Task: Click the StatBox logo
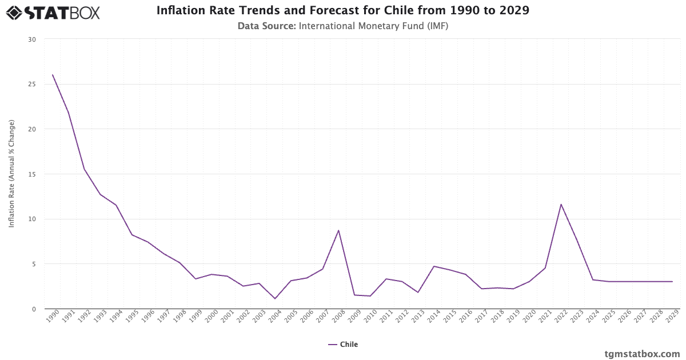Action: point(53,12)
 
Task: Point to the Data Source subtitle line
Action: point(343,26)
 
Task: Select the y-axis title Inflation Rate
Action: point(11,174)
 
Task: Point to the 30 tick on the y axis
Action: point(31,39)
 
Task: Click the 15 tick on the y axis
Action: point(31,174)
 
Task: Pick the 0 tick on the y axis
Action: point(33,309)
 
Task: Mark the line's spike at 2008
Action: point(338,230)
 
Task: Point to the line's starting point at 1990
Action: point(53,75)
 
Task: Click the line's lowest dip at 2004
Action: point(275,298)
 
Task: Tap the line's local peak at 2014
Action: point(434,266)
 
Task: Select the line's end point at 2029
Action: point(672,282)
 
